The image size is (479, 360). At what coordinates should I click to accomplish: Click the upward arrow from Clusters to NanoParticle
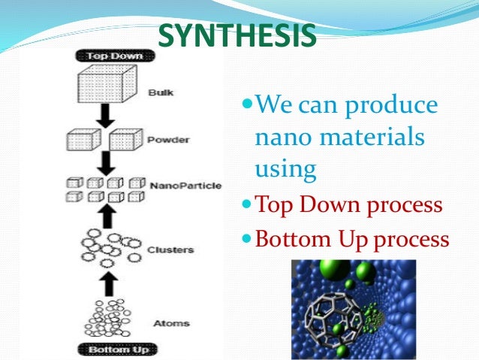(107, 216)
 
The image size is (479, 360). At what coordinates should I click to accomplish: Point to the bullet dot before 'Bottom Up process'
(247, 239)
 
